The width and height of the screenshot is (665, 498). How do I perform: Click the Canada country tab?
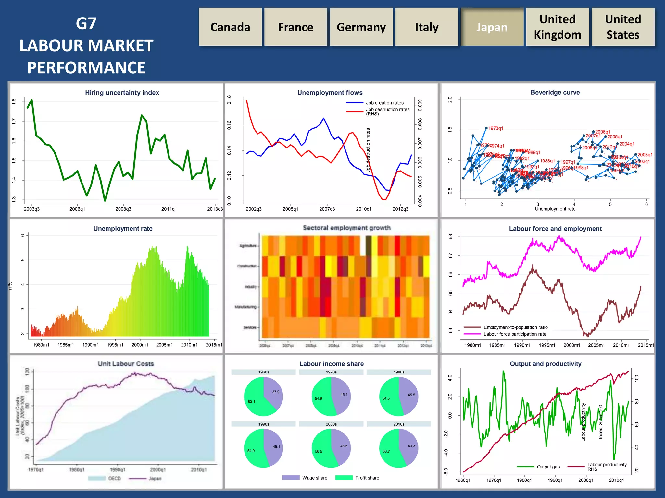[x=230, y=27]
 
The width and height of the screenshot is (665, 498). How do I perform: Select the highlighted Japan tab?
[x=492, y=27]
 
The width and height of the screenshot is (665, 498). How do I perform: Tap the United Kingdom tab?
[x=557, y=27]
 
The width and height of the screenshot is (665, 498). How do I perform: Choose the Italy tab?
[x=426, y=27]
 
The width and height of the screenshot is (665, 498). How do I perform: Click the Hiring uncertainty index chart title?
[x=122, y=93]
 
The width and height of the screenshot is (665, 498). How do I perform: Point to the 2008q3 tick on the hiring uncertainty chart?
[x=123, y=209]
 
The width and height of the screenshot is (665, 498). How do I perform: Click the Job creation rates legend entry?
[x=384, y=103]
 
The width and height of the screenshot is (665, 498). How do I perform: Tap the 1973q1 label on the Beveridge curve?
[x=496, y=128]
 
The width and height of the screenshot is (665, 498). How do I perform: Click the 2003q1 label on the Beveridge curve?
[x=645, y=155]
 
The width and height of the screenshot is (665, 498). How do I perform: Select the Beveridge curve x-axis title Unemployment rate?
[x=555, y=209]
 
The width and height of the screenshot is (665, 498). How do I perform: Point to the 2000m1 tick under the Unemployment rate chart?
[x=140, y=345]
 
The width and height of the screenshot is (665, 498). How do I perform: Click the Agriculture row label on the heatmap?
[x=248, y=246]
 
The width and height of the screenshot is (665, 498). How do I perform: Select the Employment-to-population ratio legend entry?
[x=515, y=327]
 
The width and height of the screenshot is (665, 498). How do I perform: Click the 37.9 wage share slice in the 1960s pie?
[x=275, y=392]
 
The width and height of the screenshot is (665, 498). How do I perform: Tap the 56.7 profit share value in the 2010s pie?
[x=386, y=451]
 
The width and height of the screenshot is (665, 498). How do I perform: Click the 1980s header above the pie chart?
[x=399, y=372]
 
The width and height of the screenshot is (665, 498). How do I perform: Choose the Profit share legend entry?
[x=367, y=478]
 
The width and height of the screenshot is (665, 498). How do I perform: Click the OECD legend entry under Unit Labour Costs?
[x=114, y=479]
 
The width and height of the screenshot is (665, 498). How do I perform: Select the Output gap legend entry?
[x=548, y=467]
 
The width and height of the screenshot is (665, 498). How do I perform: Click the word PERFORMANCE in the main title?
[x=86, y=68]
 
